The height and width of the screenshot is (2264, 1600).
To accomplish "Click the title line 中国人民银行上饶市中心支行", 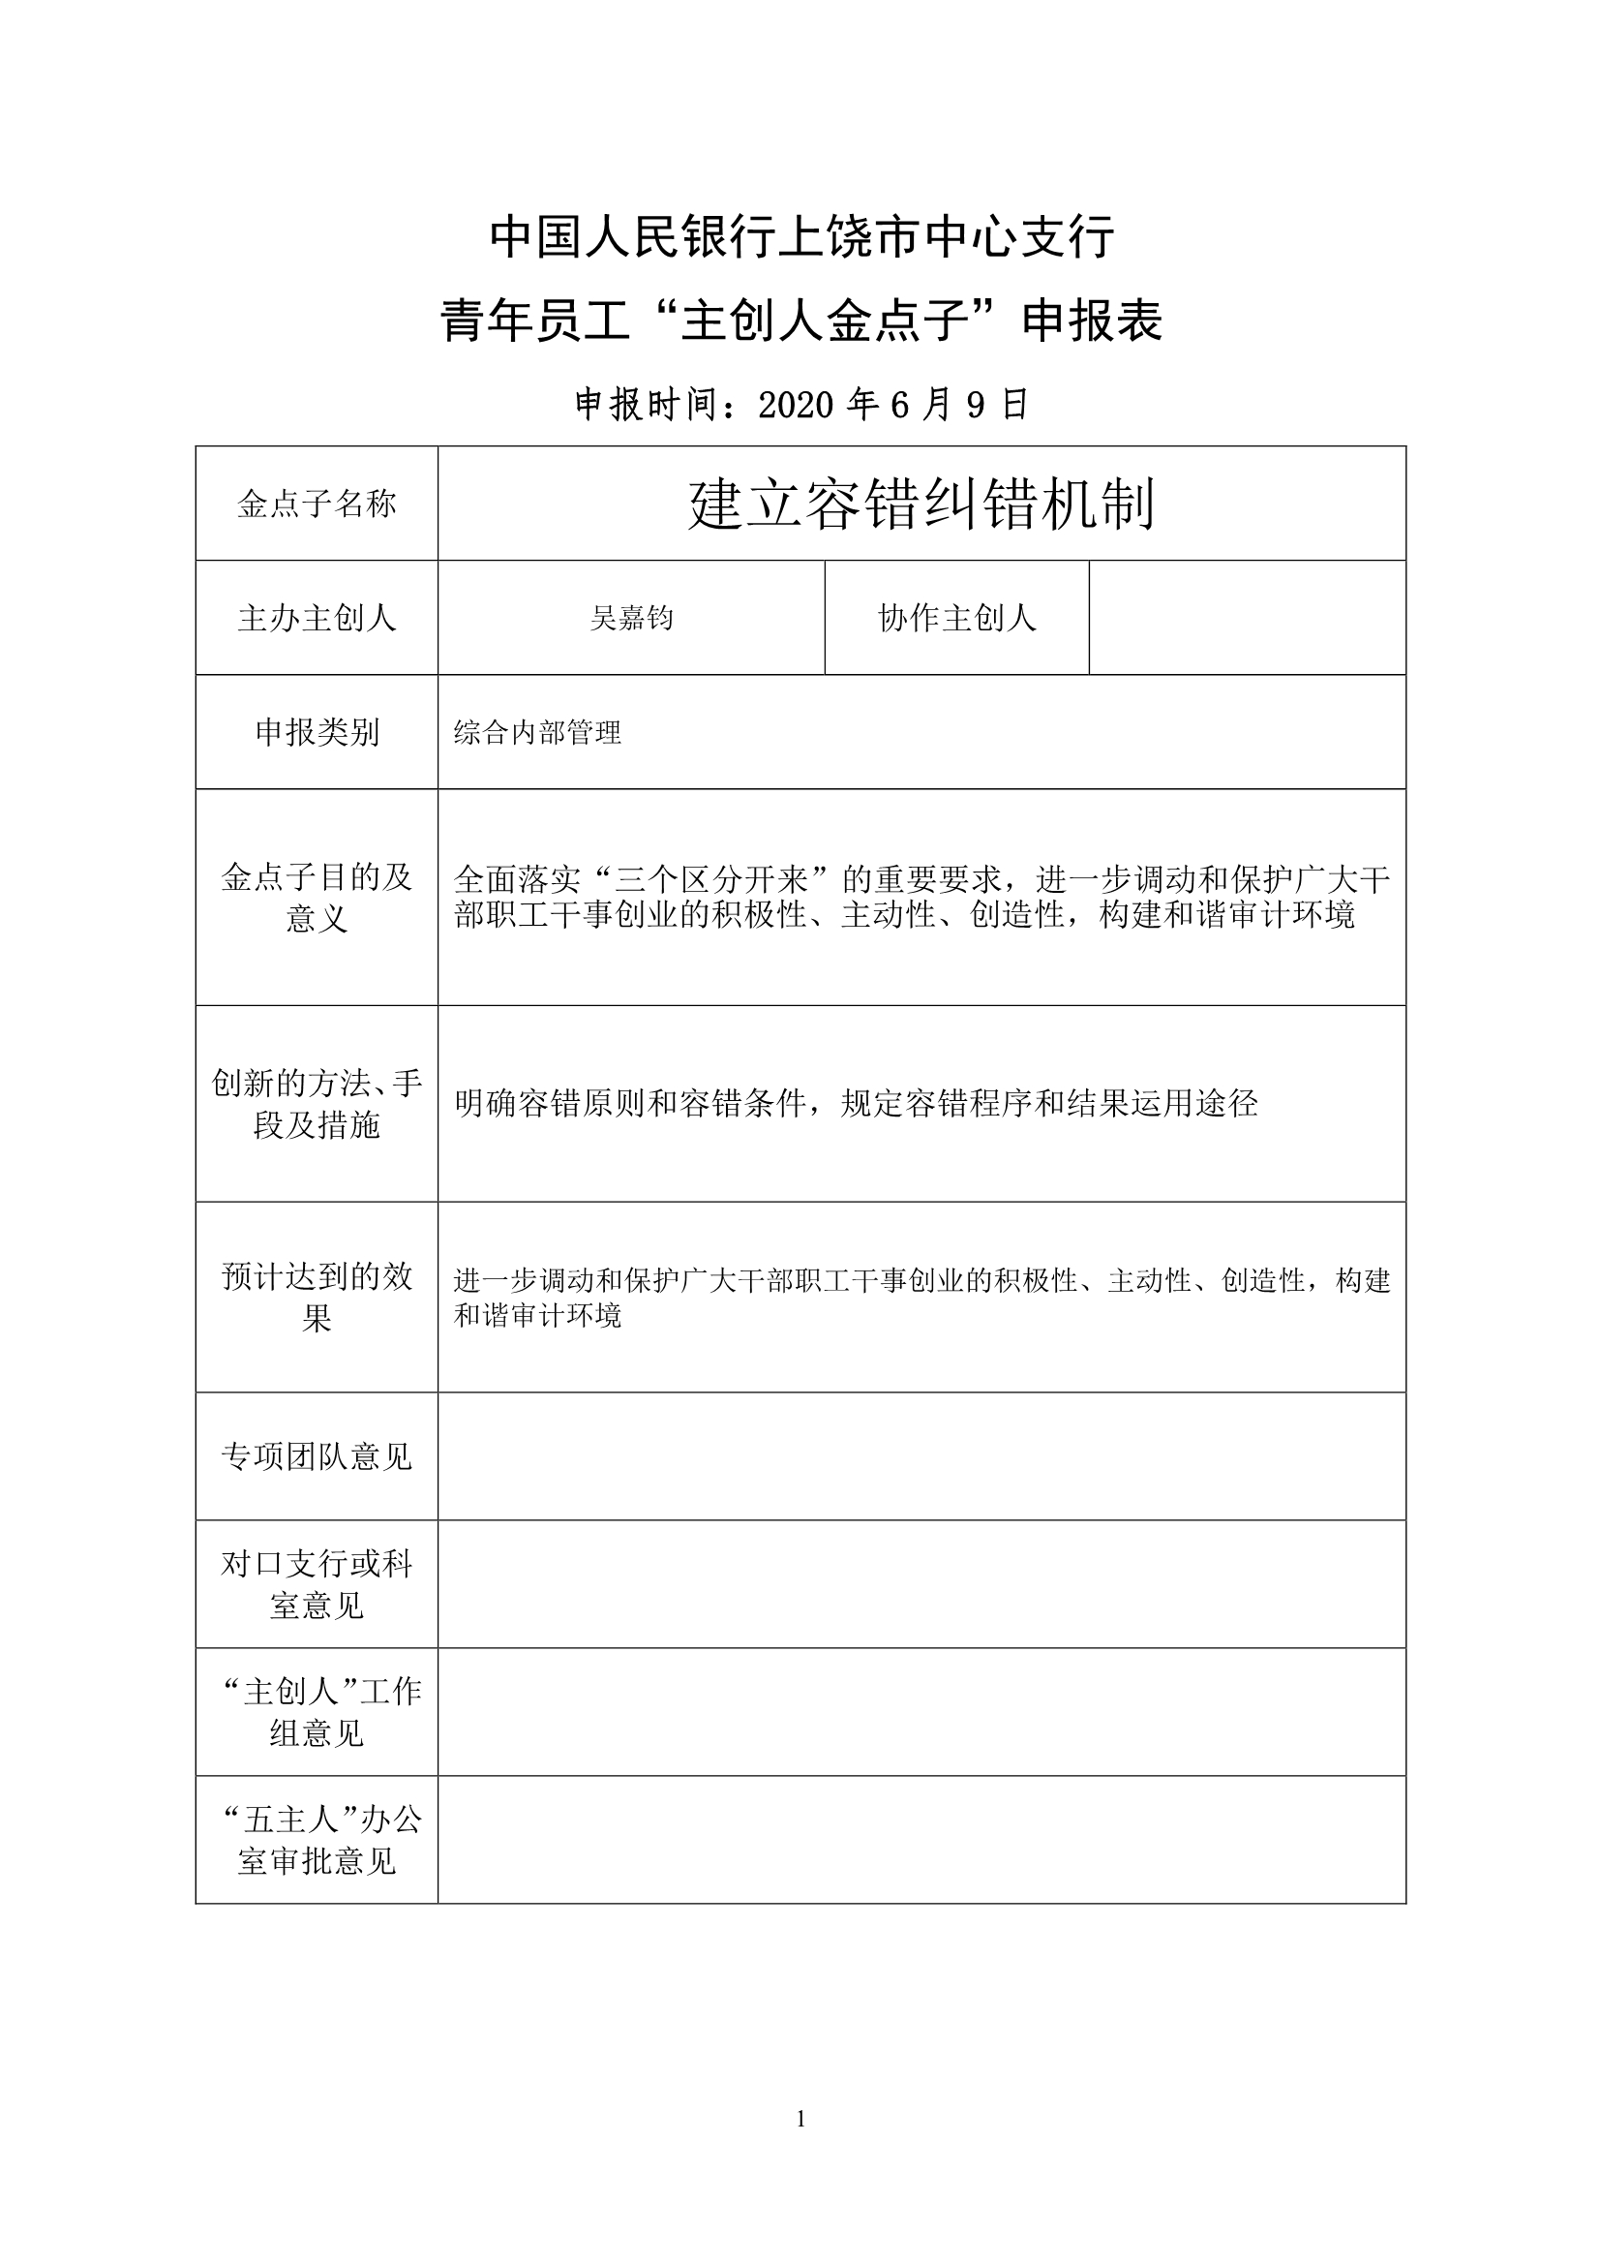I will [x=800, y=236].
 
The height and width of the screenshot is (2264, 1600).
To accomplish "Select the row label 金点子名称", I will [x=317, y=504].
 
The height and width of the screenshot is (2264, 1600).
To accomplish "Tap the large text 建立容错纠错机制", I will [x=921, y=504].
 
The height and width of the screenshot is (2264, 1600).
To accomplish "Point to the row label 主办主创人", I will [x=317, y=618].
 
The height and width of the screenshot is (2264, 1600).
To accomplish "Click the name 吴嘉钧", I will [x=631, y=618].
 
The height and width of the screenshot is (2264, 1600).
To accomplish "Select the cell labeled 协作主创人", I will [x=956, y=618].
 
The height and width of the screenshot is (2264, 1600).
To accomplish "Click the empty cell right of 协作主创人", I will [x=1247, y=618].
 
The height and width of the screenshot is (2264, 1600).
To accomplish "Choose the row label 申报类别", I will [x=317, y=732].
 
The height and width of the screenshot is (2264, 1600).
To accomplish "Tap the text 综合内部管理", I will [x=537, y=733].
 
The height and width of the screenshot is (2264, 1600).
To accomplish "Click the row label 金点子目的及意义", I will [x=317, y=898].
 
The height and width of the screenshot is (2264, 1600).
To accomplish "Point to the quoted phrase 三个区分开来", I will [x=709, y=878].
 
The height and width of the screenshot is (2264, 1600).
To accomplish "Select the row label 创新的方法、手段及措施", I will [x=317, y=1103].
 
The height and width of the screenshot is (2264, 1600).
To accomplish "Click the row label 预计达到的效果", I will [x=317, y=1297].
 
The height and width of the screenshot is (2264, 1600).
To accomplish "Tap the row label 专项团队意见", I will [x=317, y=1456].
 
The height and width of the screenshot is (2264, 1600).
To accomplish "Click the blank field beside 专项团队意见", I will [x=921, y=1456].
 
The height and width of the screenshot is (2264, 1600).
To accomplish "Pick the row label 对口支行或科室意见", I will [x=317, y=1583].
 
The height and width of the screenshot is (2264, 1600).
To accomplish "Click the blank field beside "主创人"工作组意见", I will [x=921, y=1712].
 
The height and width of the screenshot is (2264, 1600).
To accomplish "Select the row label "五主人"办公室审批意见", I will [x=317, y=1840].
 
